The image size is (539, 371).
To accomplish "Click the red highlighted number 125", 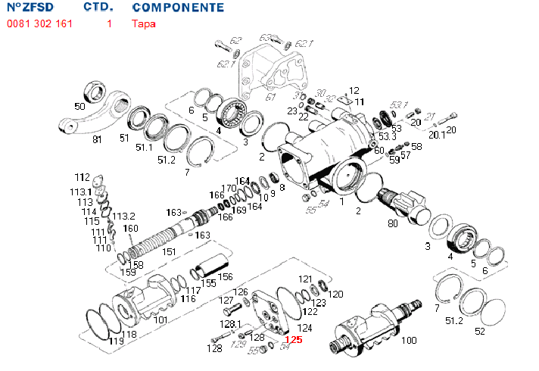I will tap(293, 341).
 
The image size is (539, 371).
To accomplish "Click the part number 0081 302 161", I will tap(39, 23).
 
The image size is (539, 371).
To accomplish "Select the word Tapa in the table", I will tap(144, 23).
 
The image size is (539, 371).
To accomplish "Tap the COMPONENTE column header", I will tap(178, 8).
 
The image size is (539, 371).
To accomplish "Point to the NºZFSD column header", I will tap(30, 8).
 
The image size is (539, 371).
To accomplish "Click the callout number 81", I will tap(97, 139).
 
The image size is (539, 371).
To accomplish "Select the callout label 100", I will tap(408, 341).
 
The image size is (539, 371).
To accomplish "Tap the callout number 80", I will tap(392, 223).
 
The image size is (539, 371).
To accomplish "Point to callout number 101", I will tap(160, 320).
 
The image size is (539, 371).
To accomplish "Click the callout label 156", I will tap(225, 277).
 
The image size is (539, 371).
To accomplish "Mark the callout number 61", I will tap(271, 96).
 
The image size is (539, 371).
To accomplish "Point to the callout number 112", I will tap(82, 176).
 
